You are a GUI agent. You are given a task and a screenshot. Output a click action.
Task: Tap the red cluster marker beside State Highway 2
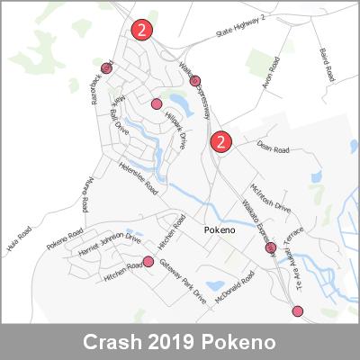click(x=141, y=30)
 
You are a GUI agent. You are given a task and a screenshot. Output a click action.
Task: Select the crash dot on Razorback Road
click(x=107, y=67)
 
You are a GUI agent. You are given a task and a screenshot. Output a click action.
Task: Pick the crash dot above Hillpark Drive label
click(x=157, y=103)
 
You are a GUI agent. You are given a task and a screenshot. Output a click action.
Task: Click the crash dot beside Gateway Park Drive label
click(x=148, y=262)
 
